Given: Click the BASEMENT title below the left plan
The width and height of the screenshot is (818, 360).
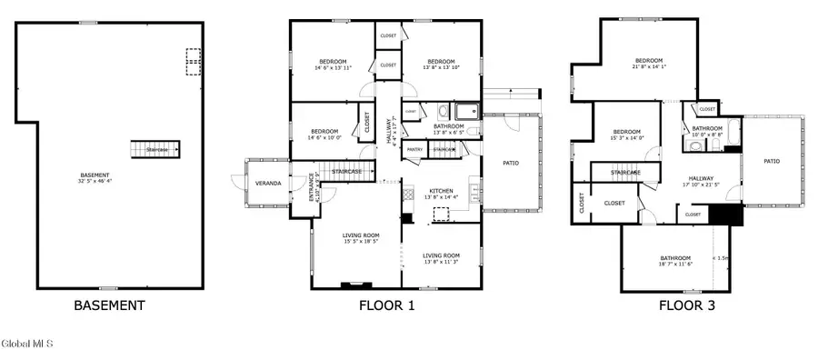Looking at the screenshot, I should click(x=108, y=305).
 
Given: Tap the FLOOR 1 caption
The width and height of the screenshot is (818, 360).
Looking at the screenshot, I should click(x=386, y=305).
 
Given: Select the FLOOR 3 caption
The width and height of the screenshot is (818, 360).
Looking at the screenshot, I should click(x=686, y=305).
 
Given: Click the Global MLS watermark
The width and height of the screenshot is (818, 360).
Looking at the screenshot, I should click(x=27, y=344).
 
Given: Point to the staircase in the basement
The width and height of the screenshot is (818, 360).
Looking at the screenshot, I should click(x=150, y=147).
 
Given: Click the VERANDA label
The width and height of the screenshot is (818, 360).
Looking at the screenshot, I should click(x=267, y=184).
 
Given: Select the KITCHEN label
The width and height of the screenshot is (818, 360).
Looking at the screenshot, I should click(x=441, y=192).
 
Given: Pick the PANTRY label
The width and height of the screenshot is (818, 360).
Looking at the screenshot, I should click(x=414, y=149).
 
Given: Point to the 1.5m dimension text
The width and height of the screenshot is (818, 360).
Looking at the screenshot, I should click(x=723, y=257).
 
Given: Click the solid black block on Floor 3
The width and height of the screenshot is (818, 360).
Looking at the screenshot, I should click(x=725, y=215).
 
